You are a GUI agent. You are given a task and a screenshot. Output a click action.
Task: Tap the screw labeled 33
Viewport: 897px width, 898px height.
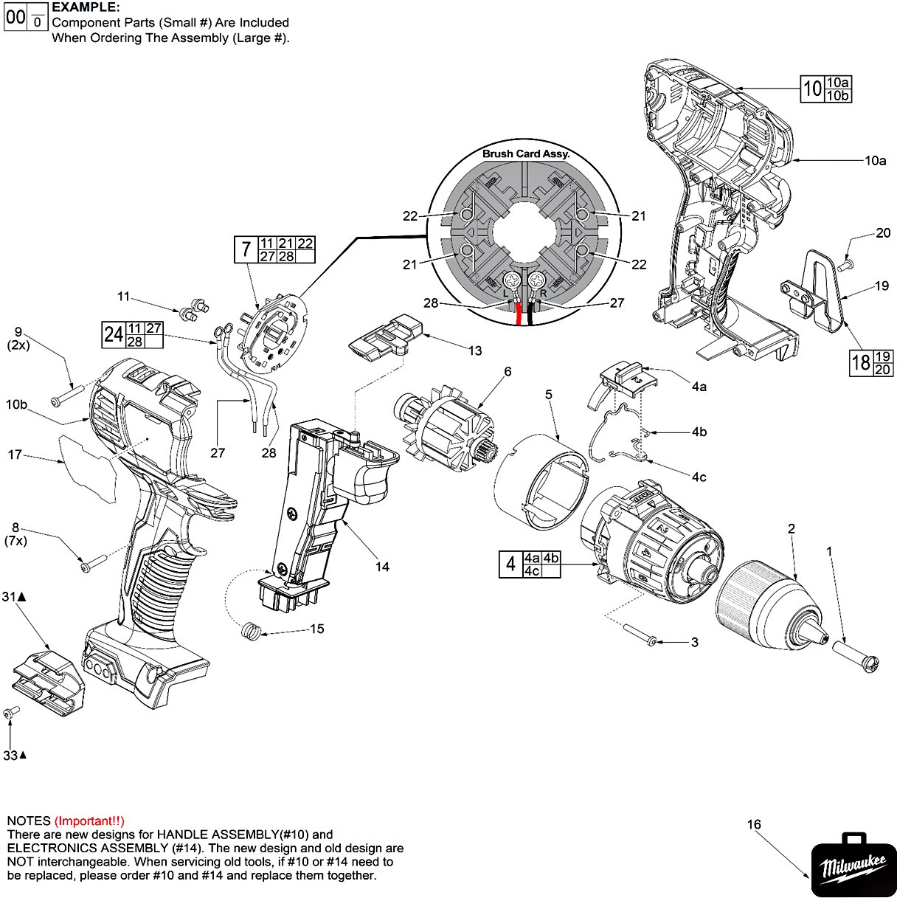10,714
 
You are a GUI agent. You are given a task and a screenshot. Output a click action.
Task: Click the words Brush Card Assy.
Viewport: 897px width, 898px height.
526,153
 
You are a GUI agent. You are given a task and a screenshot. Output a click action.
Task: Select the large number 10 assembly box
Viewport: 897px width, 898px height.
812,89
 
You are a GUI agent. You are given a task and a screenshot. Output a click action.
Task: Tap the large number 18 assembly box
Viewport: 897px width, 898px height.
860,362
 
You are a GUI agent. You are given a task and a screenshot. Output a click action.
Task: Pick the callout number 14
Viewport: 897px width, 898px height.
381,567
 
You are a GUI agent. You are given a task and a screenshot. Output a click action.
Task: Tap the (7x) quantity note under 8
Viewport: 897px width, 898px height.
15,541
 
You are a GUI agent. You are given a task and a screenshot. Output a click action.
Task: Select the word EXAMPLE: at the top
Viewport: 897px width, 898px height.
86,7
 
